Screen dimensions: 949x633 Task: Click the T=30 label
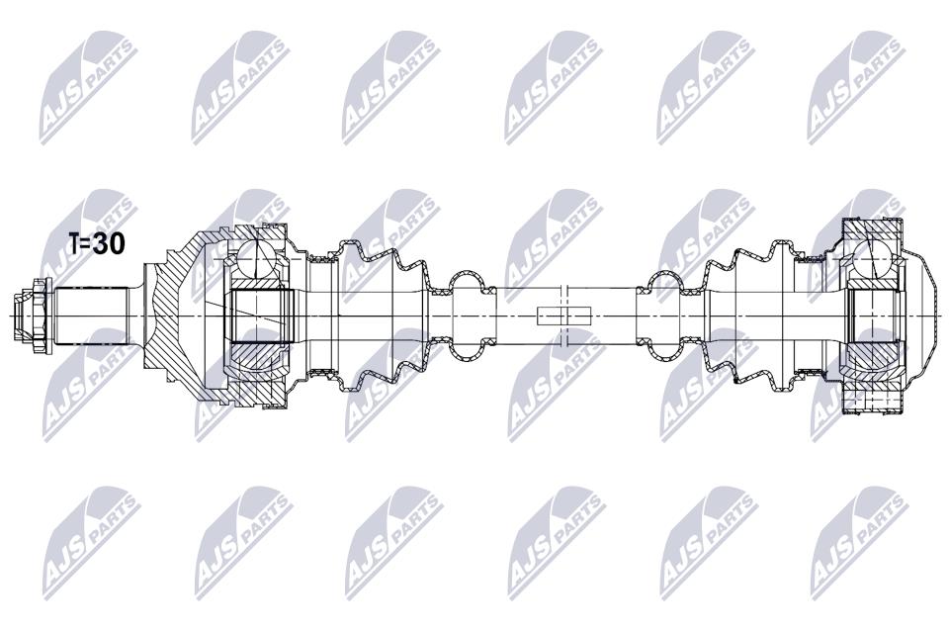[97, 243]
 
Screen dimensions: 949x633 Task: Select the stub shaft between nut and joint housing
[91, 316]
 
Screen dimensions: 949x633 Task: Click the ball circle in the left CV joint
[255, 259]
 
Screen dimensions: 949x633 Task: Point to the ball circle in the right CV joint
[873, 259]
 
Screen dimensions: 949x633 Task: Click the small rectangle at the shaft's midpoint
[563, 315]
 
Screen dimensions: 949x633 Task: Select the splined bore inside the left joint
[260, 316]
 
